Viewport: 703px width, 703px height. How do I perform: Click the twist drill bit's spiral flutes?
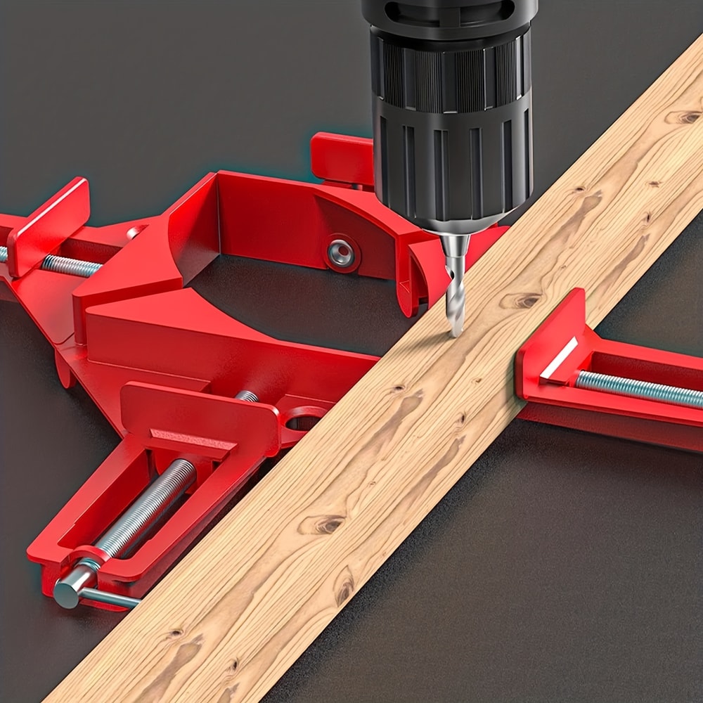[x=456, y=295]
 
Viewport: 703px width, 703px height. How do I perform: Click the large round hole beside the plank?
[x=304, y=422]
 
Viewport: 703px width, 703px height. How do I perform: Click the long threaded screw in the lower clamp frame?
[x=148, y=506]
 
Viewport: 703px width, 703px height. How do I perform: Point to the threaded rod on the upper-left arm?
[x=70, y=266]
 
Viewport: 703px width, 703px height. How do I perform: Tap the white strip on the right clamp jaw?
[x=559, y=359]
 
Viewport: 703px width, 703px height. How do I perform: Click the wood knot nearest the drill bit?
[x=520, y=301]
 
